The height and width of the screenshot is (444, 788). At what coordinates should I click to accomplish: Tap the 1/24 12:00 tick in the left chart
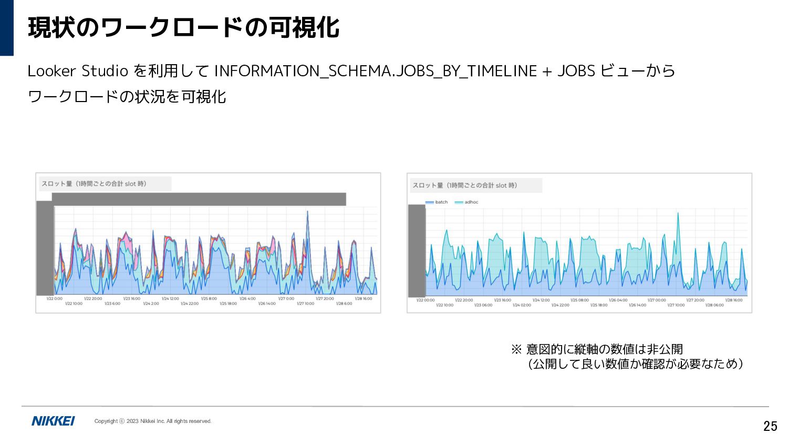pyautogui.click(x=170, y=299)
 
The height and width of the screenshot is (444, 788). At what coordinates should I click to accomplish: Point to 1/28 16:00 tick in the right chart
pyautogui.click(x=734, y=300)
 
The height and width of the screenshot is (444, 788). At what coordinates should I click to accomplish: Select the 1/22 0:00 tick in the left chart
pyautogui.click(x=54, y=299)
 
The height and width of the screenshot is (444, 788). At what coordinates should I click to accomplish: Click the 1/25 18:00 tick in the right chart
pyautogui.click(x=599, y=305)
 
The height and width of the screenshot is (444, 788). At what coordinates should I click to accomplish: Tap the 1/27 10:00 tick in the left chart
pyautogui.click(x=305, y=304)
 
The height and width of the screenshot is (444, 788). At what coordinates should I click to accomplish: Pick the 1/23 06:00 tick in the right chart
pyautogui.click(x=483, y=305)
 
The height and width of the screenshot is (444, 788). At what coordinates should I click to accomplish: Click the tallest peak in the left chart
pyautogui.click(x=307, y=212)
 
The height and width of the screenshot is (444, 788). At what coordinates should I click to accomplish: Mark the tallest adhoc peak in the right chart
pyautogui.click(x=678, y=214)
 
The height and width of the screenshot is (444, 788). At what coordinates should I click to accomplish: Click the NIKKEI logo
pyautogui.click(x=53, y=421)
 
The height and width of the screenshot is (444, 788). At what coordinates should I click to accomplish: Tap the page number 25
pyautogui.click(x=770, y=426)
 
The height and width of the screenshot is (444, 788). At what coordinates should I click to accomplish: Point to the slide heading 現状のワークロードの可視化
pyautogui.click(x=184, y=27)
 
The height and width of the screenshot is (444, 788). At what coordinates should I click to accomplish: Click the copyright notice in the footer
pyautogui.click(x=153, y=421)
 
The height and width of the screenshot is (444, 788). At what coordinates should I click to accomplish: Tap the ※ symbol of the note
pyautogui.click(x=516, y=349)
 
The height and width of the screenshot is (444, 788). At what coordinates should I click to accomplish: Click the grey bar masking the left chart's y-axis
pyautogui.click(x=45, y=248)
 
